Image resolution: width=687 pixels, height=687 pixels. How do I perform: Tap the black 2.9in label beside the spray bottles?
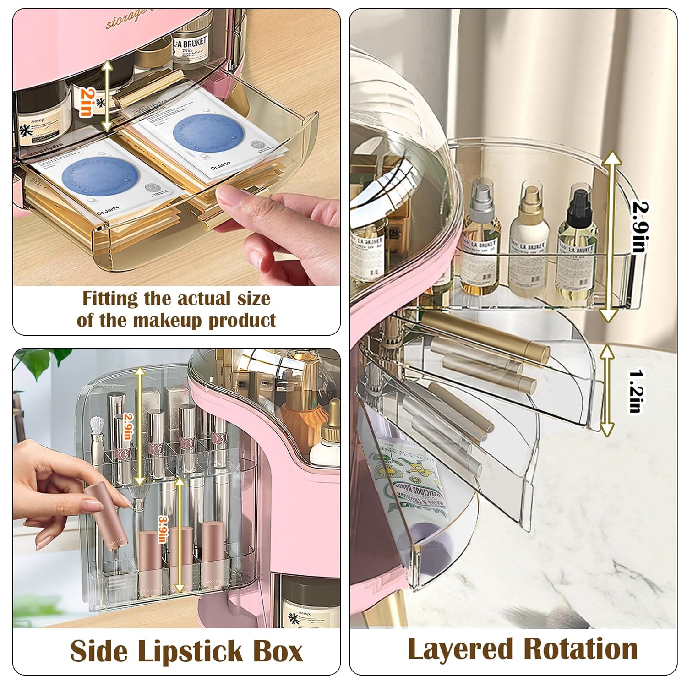(x=639, y=227)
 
